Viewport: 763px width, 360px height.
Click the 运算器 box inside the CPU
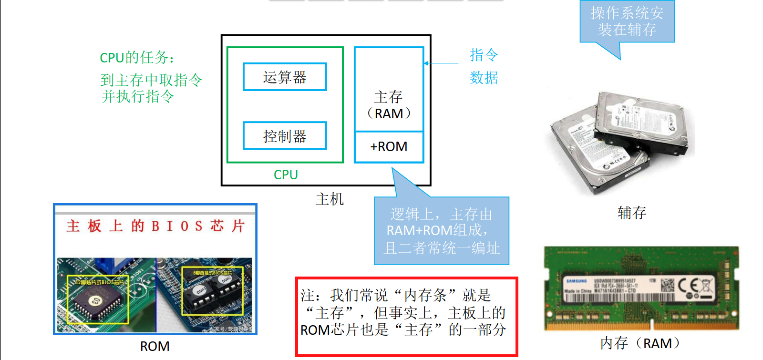[285, 77]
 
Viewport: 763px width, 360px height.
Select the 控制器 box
[285, 136]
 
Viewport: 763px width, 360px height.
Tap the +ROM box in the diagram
[389, 147]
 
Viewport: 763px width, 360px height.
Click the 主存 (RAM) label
[389, 105]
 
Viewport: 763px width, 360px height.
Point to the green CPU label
[286, 175]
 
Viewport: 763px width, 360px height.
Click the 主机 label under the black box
[330, 199]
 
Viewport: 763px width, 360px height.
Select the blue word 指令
[484, 55]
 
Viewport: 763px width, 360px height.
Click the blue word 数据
[484, 78]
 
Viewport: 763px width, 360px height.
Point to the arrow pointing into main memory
[441, 63]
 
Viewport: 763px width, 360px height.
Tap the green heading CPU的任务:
[137, 58]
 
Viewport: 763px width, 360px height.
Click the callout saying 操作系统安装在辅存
[627, 22]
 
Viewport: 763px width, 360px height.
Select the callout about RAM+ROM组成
[442, 231]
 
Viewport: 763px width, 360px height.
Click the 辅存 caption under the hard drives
[632, 213]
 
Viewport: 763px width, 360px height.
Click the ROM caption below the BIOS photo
[155, 347]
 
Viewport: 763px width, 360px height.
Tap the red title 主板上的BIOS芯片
[155, 226]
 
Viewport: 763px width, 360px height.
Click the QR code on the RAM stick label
[668, 285]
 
